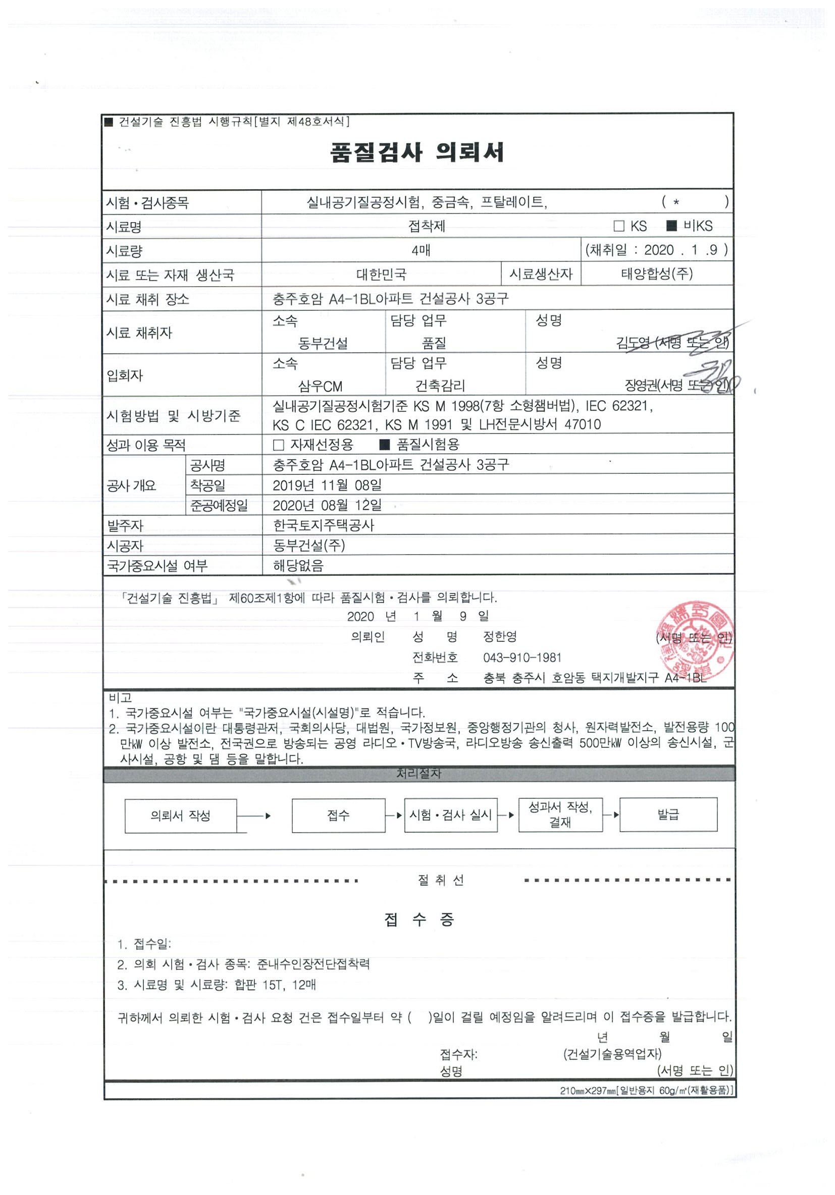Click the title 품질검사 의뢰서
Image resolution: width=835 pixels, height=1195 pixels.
click(x=417, y=152)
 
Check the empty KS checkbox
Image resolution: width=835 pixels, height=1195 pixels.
click(x=619, y=226)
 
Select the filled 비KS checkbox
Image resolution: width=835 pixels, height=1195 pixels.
click(x=672, y=226)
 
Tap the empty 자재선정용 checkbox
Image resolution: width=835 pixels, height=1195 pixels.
click(x=279, y=445)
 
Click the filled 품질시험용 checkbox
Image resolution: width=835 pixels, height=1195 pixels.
click(x=385, y=445)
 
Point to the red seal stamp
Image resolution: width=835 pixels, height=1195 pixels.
click(x=695, y=641)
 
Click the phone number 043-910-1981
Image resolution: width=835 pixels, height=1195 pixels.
click(x=521, y=658)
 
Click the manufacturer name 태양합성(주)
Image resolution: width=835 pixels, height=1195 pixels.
click(x=656, y=274)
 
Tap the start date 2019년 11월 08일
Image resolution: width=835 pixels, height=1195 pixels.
click(x=327, y=485)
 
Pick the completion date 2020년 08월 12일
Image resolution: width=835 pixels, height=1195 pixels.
click(x=327, y=505)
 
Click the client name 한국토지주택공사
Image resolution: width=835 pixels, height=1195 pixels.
click(x=323, y=525)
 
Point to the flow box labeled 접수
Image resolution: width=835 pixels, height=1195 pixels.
click(x=338, y=816)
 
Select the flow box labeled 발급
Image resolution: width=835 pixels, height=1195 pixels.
click(x=668, y=814)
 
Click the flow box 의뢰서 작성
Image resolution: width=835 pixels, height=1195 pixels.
click(x=181, y=816)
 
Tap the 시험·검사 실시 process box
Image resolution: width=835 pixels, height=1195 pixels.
click(x=450, y=815)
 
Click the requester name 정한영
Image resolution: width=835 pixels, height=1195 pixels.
click(x=500, y=636)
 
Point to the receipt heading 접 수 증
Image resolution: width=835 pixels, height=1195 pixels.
click(x=419, y=919)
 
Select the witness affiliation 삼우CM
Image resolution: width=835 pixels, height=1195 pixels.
click(x=320, y=386)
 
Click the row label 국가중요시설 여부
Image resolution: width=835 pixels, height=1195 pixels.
click(x=157, y=566)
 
